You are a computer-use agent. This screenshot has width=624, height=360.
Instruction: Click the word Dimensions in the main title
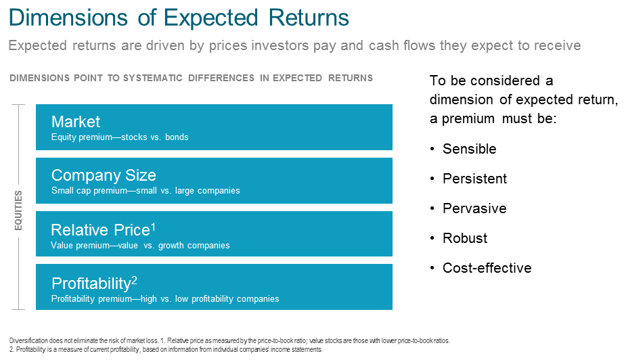click(68, 18)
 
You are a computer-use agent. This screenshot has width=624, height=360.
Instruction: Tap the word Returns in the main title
click(309, 18)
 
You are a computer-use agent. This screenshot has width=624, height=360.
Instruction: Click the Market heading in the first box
click(76, 122)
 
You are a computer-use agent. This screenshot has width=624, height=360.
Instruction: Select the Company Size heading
click(104, 175)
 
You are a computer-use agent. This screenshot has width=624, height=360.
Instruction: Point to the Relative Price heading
click(100, 230)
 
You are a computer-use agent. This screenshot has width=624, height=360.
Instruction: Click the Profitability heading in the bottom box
click(91, 284)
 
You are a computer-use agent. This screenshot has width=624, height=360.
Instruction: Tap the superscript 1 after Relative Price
click(153, 227)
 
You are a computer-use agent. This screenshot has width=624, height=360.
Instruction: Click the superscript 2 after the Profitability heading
click(134, 280)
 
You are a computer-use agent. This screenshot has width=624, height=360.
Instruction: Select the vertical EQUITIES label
click(18, 210)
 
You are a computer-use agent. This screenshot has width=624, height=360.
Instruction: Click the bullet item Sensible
click(469, 149)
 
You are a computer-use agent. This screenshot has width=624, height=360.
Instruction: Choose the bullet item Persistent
click(474, 179)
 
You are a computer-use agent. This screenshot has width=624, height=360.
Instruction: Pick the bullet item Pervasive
click(474, 208)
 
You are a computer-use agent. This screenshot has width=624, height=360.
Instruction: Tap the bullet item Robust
click(465, 238)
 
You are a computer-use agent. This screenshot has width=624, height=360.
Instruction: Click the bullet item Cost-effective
click(487, 268)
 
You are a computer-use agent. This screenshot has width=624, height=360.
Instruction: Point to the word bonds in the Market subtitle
click(177, 137)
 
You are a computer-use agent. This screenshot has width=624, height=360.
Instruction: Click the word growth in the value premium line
click(171, 246)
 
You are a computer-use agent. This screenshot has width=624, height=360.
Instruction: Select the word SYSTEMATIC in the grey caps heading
click(152, 78)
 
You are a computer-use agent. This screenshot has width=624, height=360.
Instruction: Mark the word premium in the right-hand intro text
click(468, 119)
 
